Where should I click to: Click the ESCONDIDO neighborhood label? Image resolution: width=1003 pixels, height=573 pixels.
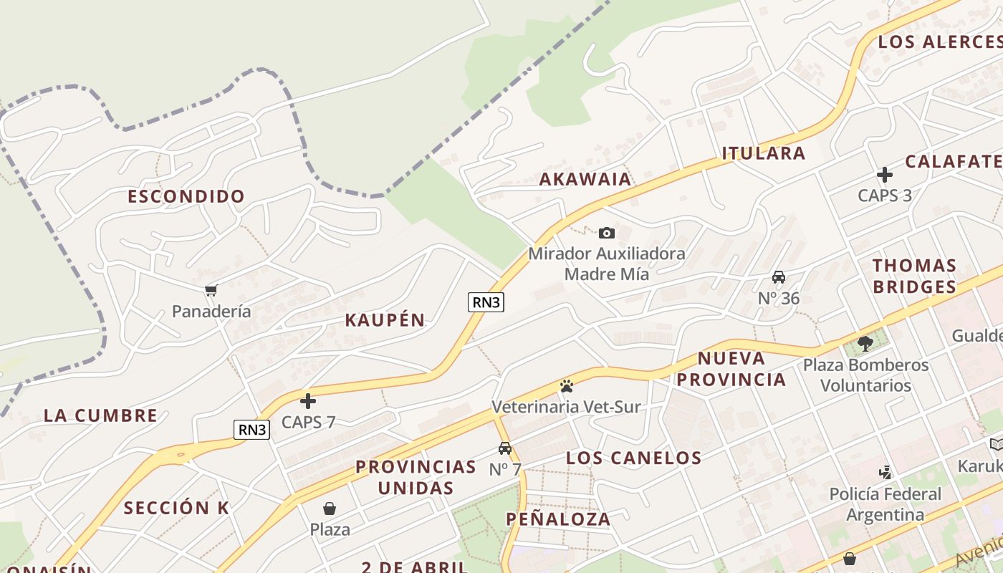click(186, 196)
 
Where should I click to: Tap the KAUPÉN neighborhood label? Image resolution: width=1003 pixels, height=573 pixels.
click(385, 320)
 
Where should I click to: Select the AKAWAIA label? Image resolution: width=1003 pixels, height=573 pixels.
click(585, 179)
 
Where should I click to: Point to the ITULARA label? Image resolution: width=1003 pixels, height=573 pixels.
click(763, 153)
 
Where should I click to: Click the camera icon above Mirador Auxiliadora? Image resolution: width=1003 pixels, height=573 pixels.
click(607, 233)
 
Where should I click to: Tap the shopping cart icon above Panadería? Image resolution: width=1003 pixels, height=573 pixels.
click(211, 290)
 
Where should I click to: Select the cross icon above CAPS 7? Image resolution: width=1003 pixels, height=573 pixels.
click(308, 401)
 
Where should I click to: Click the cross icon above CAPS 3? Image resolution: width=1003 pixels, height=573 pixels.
click(885, 174)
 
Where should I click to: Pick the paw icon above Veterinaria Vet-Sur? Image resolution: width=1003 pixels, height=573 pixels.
click(567, 386)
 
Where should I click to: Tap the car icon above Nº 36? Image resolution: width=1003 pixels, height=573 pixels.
click(779, 277)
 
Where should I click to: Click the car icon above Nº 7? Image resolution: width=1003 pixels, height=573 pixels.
click(505, 448)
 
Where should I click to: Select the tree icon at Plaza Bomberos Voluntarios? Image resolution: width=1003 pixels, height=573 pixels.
click(865, 344)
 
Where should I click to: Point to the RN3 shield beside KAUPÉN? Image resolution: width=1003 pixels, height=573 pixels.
click(486, 302)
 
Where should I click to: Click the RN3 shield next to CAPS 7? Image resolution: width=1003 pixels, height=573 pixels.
click(251, 430)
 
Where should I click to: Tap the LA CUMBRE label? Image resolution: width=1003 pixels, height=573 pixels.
click(100, 415)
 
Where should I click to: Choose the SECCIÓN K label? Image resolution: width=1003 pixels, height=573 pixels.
click(176, 508)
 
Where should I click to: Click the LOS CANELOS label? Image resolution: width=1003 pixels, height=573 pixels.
click(633, 458)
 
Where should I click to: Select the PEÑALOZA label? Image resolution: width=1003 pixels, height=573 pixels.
click(558, 519)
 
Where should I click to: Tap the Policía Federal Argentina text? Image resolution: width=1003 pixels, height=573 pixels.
click(886, 504)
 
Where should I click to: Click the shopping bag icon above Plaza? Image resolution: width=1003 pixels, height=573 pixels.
click(330, 509)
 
